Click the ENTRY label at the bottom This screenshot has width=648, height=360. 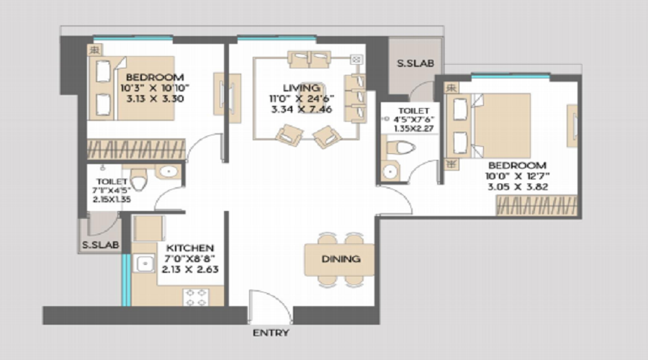click(271, 333)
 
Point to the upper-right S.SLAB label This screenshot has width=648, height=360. click(415, 63)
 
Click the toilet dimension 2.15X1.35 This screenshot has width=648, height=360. click(110, 199)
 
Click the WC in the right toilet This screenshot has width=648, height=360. click(402, 149)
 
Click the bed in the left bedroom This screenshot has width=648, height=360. click(130, 87)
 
